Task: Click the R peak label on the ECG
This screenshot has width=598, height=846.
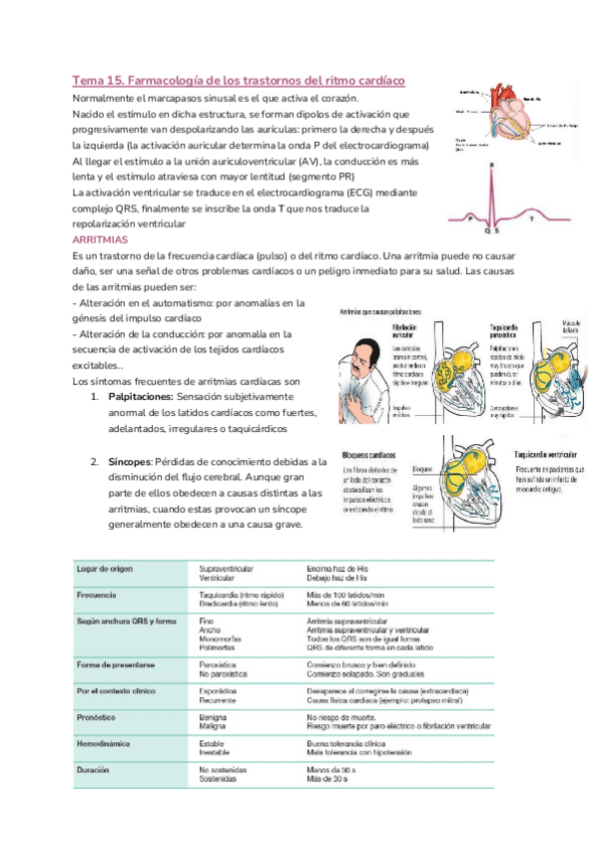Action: [x=491, y=167]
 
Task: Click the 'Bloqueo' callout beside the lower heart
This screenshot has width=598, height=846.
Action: [x=420, y=467]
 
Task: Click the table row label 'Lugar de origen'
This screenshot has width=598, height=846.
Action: [x=106, y=568]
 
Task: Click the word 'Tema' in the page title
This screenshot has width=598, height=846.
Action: [x=88, y=80]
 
